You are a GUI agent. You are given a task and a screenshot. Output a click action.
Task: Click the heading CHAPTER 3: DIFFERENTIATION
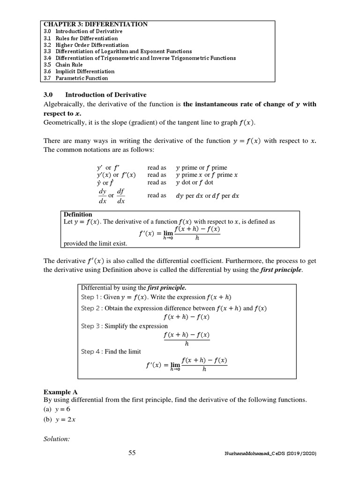click(96, 24)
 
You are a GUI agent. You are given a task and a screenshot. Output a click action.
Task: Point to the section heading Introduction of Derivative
click(106, 94)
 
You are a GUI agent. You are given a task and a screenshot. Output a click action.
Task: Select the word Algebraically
click(63, 104)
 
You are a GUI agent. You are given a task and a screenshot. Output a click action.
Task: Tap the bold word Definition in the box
click(78, 214)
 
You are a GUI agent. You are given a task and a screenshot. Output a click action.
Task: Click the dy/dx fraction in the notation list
click(102, 196)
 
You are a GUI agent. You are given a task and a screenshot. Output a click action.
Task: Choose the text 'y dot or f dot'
click(194, 182)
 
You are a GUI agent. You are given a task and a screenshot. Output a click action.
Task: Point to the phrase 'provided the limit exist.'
click(95, 244)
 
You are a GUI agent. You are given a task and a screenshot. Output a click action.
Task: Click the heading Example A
click(60, 391)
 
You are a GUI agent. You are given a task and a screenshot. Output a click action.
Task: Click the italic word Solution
click(57, 439)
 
